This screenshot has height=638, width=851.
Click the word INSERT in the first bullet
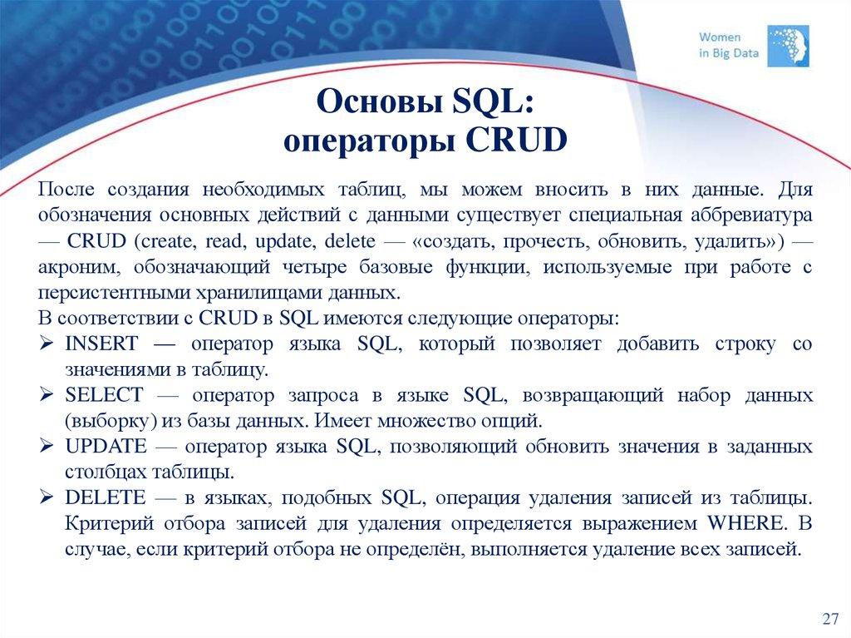tap(101, 344)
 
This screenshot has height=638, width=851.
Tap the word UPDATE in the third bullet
tap(106, 446)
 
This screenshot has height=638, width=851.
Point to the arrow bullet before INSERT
tap(47, 344)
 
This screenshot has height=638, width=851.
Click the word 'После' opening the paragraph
tap(65, 189)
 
